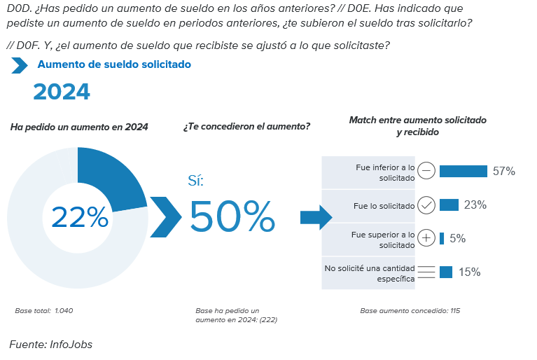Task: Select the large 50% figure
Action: click(232, 217)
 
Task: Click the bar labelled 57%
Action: click(463, 172)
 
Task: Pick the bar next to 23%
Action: click(449, 205)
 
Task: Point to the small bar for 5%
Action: click(442, 239)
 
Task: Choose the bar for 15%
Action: click(446, 272)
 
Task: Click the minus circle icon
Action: click(427, 172)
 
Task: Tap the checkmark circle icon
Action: click(427, 205)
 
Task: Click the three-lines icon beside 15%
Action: click(427, 272)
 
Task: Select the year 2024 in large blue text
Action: click(62, 92)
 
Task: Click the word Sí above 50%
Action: click(195, 181)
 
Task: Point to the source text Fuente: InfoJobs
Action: click(50, 345)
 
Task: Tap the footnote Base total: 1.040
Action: click(44, 310)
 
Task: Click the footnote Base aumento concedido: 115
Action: click(410, 310)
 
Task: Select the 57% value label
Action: click(504, 172)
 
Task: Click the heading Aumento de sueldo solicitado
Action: click(114, 64)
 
